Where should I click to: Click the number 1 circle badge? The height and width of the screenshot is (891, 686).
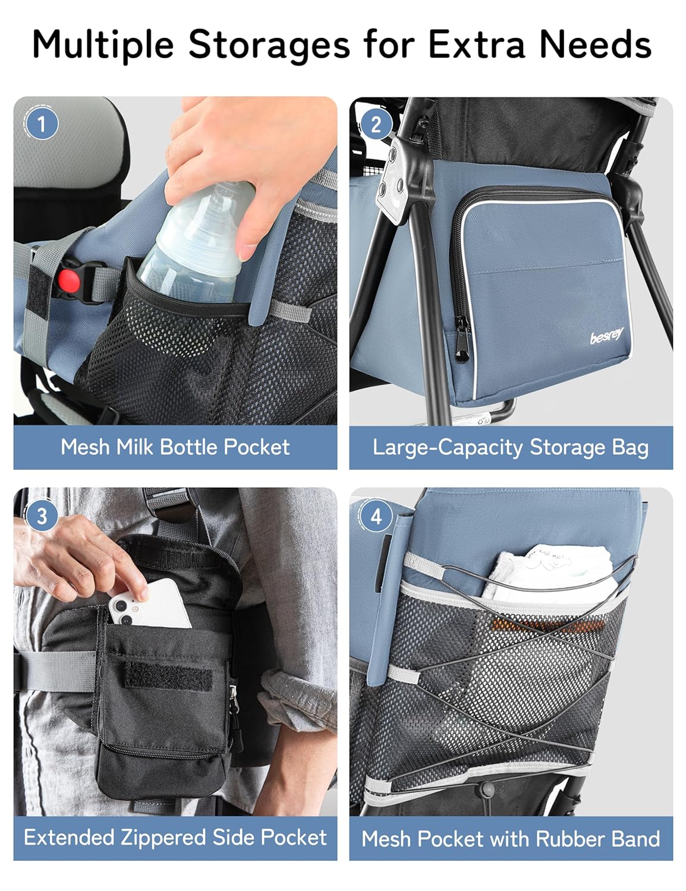tap(42, 125)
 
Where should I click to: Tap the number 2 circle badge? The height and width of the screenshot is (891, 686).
tap(376, 125)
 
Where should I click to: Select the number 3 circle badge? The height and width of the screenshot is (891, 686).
tap(42, 516)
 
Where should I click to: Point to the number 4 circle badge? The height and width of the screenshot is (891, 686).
tap(376, 517)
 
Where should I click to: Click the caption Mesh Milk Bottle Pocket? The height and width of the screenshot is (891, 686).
tap(175, 447)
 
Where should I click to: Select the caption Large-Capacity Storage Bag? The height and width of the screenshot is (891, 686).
tap(510, 447)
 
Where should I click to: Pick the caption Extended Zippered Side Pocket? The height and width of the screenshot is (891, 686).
tap(175, 837)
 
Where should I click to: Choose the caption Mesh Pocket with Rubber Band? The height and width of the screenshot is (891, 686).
tap(510, 838)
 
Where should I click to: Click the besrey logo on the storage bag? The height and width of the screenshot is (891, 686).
tap(606, 337)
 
